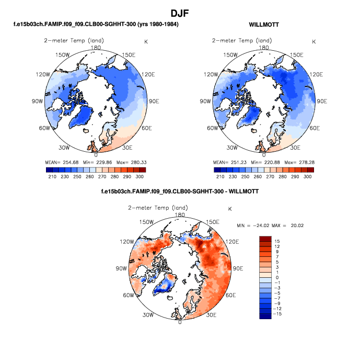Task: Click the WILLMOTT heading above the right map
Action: tap(264, 25)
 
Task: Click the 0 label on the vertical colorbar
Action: tap(278, 277)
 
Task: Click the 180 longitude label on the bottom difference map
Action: tap(180, 215)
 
